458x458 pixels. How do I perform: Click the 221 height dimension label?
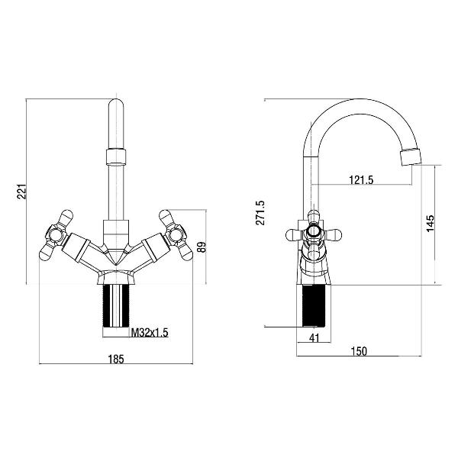22,192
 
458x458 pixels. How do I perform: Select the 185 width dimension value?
116,359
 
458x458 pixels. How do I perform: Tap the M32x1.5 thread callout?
150,332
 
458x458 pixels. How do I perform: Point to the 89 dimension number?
202,247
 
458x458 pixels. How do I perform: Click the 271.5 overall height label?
260,213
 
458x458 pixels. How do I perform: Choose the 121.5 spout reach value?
361,180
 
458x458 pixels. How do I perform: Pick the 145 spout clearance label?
431,224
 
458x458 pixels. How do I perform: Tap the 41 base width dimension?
314,338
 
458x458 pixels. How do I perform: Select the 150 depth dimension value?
359,351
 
